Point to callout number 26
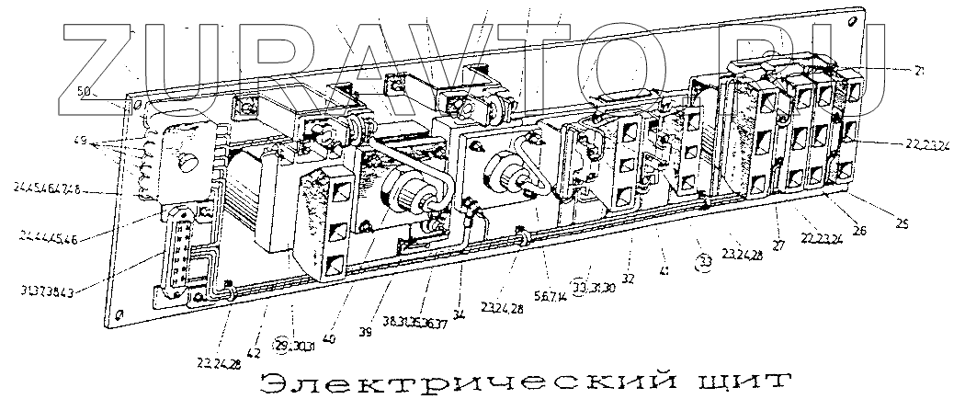tap(859, 233)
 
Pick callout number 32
tap(628, 277)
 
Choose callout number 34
tap(459, 312)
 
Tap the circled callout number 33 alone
tap(706, 261)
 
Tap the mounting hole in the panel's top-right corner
tap(858, 18)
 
